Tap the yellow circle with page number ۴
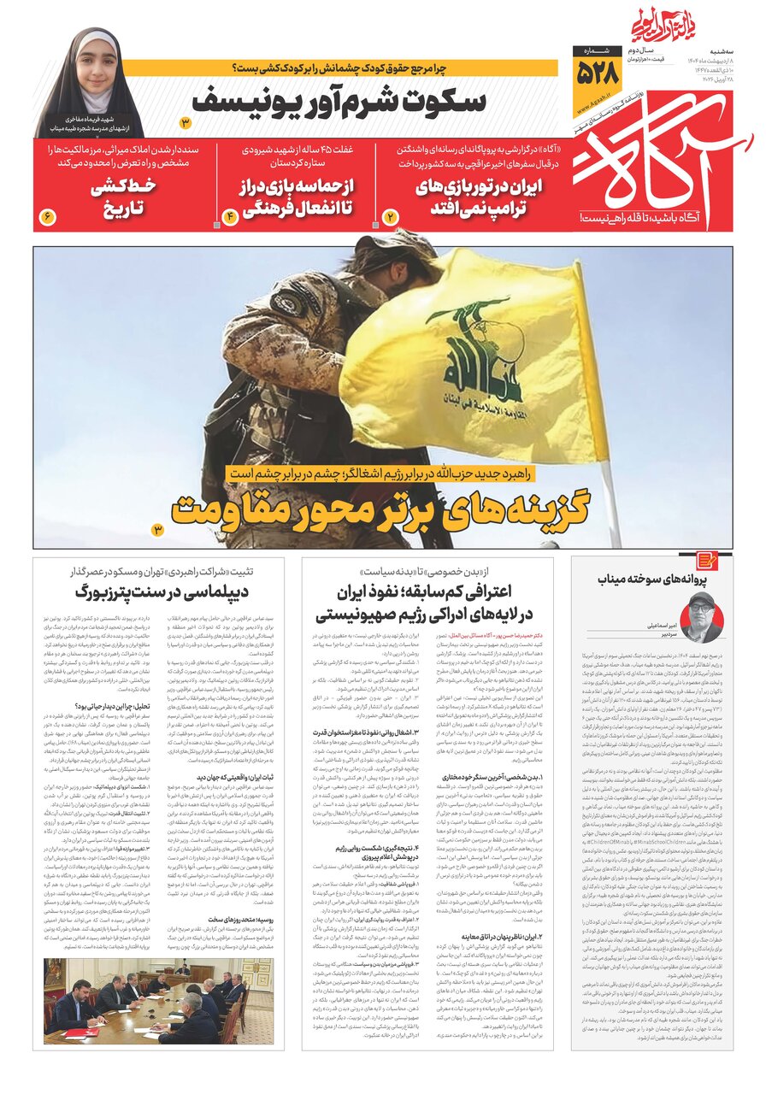(x=230, y=217)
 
